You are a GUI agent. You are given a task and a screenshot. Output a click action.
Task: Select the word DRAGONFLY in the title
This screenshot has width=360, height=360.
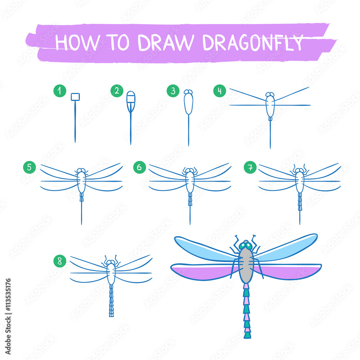(253, 43)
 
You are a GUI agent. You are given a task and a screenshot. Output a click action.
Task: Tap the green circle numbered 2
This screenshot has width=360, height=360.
(117, 91)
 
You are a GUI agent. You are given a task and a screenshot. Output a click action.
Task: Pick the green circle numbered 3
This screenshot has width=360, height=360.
(173, 91)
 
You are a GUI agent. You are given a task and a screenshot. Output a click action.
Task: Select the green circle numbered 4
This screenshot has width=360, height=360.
(220, 91)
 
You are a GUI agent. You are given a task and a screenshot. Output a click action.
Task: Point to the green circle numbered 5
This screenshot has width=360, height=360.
(30, 167)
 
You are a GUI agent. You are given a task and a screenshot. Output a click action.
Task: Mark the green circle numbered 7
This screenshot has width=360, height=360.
(250, 167)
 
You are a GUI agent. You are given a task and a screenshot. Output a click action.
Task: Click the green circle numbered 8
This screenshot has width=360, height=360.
(59, 261)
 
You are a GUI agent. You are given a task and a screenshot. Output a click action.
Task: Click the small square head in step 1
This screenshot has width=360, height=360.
(75, 97)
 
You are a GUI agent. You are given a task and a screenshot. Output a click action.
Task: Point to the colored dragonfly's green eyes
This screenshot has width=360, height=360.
(246, 246)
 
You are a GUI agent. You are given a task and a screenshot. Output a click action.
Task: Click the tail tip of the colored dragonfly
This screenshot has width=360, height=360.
(247, 335)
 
